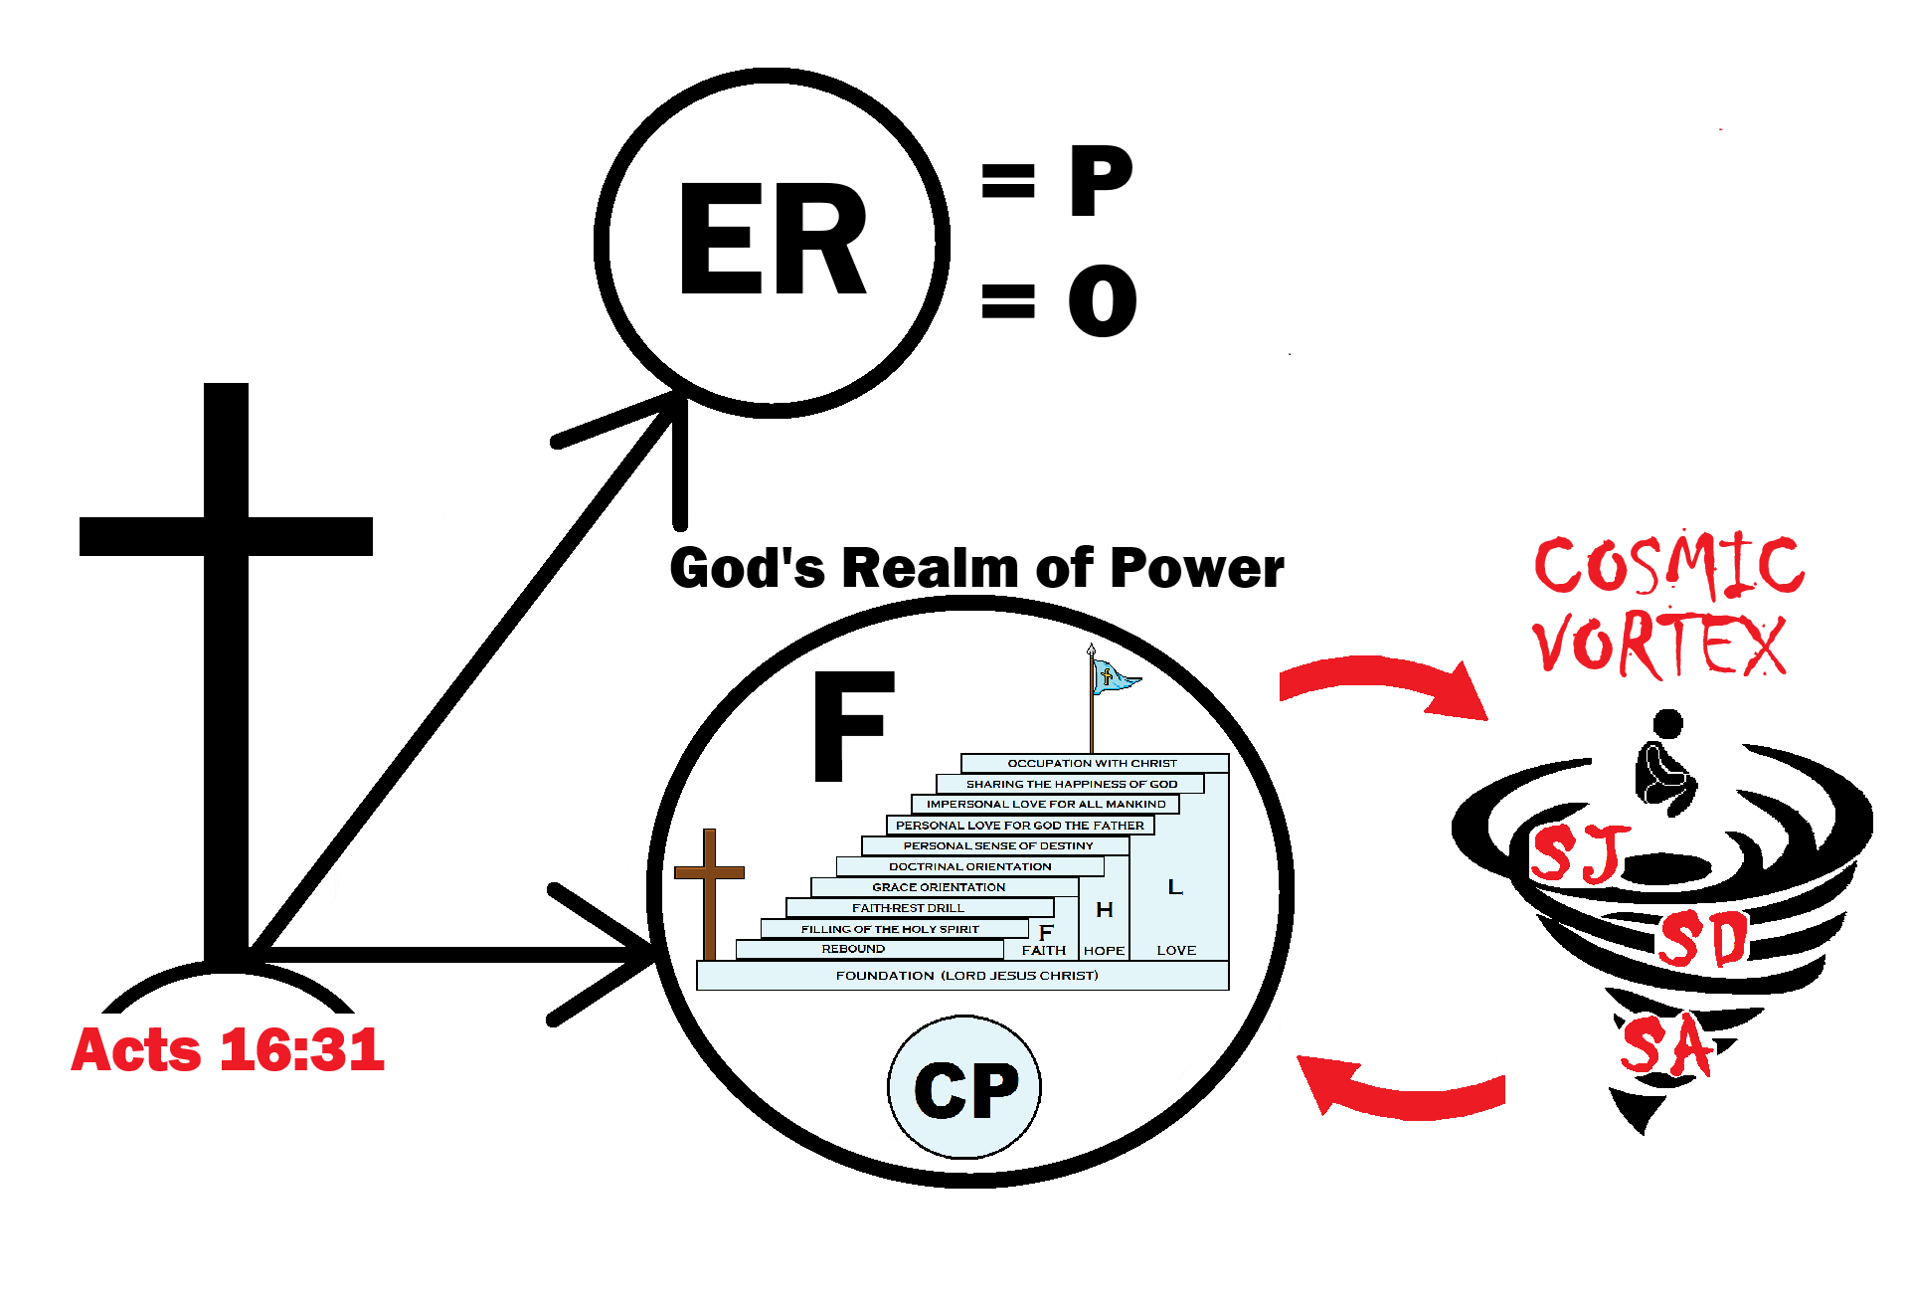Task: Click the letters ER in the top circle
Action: (772, 240)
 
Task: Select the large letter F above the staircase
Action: (852, 725)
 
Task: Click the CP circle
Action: (964, 1088)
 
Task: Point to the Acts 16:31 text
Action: (228, 1049)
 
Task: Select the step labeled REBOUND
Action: (853, 949)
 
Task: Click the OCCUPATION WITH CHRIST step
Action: (1092, 763)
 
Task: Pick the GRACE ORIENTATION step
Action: (939, 886)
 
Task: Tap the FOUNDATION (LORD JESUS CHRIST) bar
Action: (965, 976)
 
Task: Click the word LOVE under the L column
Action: (1176, 950)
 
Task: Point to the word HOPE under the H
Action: (1104, 951)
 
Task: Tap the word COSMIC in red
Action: (1667, 566)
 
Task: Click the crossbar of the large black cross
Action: (226, 536)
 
